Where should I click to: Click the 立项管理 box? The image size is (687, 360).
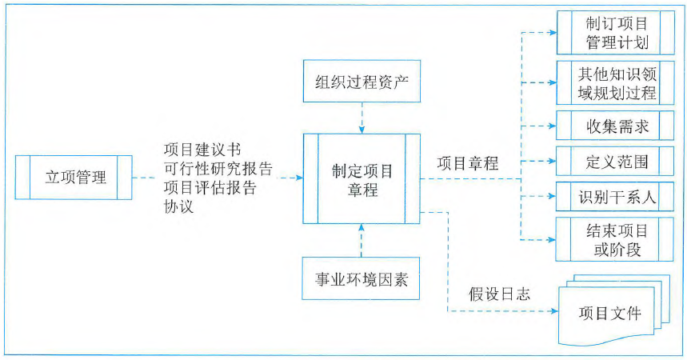click(x=74, y=178)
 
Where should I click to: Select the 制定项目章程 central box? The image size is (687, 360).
click(x=361, y=180)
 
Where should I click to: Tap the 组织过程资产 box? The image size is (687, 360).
click(x=361, y=82)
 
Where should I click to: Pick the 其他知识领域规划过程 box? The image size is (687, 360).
click(x=610, y=82)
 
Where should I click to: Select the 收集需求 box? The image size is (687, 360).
click(x=610, y=126)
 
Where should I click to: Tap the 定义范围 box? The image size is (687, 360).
click(x=610, y=161)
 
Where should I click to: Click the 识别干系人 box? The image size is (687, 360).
click(x=610, y=196)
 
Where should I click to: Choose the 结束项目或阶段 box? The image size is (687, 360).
click(x=610, y=238)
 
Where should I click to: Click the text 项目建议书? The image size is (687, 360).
click(x=200, y=150)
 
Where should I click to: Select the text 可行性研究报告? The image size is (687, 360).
click(x=217, y=170)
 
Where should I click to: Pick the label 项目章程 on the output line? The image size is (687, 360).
click(x=467, y=164)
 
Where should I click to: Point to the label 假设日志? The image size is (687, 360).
click(x=500, y=294)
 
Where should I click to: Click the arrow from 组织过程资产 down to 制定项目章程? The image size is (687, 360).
click(x=361, y=118)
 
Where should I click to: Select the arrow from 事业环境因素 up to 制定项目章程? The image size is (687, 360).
click(x=361, y=240)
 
